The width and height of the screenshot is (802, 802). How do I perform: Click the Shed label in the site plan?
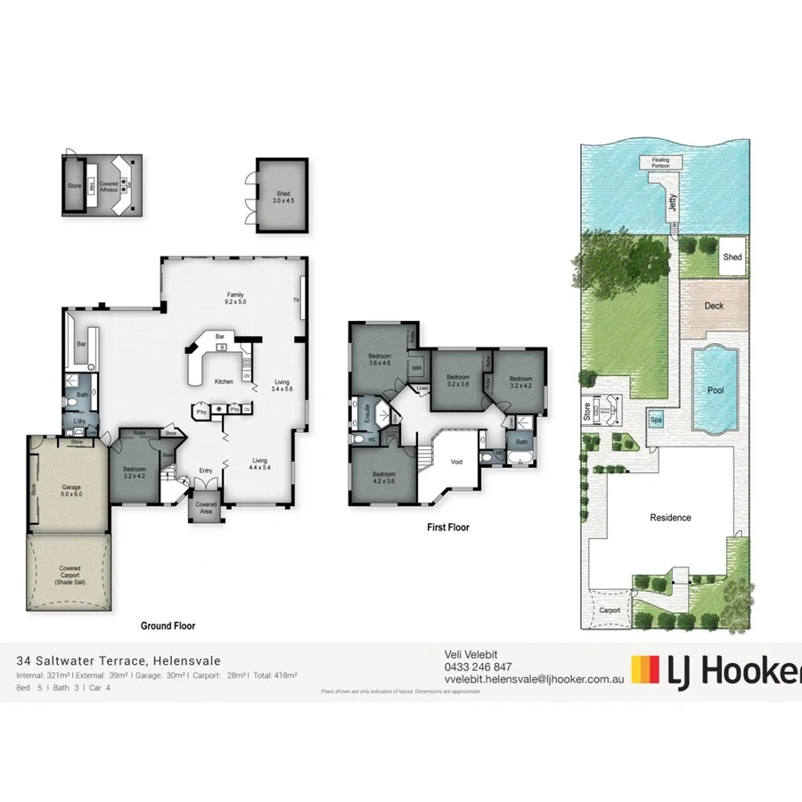(732, 258)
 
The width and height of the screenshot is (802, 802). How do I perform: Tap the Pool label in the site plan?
(715, 390)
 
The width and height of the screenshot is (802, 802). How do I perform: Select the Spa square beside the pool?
(657, 419)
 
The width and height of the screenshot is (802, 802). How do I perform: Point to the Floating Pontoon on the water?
(660, 163)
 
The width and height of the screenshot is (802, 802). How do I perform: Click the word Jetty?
(673, 203)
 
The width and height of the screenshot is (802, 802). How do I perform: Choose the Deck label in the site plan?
(714, 306)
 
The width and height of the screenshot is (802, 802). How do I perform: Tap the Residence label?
(670, 518)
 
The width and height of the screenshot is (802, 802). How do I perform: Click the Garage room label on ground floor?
(71, 491)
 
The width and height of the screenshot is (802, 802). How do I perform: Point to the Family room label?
(235, 299)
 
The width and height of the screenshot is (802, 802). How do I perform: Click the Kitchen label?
(225, 381)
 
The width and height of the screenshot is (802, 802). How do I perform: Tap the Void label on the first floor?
(456, 462)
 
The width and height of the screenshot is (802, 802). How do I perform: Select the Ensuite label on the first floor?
(367, 416)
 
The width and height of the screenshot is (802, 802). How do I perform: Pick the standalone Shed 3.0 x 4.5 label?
(282, 197)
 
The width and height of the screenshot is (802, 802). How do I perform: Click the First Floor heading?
(447, 528)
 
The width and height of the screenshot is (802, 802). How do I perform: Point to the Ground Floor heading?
(168, 626)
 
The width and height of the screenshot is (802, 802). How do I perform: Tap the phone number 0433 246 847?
(478, 667)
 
